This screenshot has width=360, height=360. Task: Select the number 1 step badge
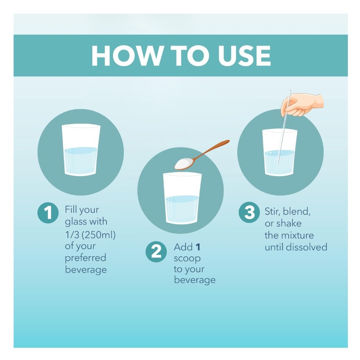coord(48,212)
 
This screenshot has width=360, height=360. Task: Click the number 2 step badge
coord(156,252)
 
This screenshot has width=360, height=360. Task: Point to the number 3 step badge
coord(249,212)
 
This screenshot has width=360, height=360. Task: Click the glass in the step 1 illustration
coord(81,150)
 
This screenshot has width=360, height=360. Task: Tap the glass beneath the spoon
coord(182,198)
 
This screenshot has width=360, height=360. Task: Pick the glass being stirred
coord(279,153)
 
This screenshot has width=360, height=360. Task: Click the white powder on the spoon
coord(184,162)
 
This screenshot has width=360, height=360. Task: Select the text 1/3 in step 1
coord(72,234)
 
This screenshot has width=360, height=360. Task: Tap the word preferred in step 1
coord(85,257)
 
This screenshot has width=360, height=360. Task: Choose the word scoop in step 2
coord(187,258)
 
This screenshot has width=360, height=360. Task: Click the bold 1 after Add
coord(198,247)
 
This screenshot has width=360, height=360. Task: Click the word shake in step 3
coord(289,223)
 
